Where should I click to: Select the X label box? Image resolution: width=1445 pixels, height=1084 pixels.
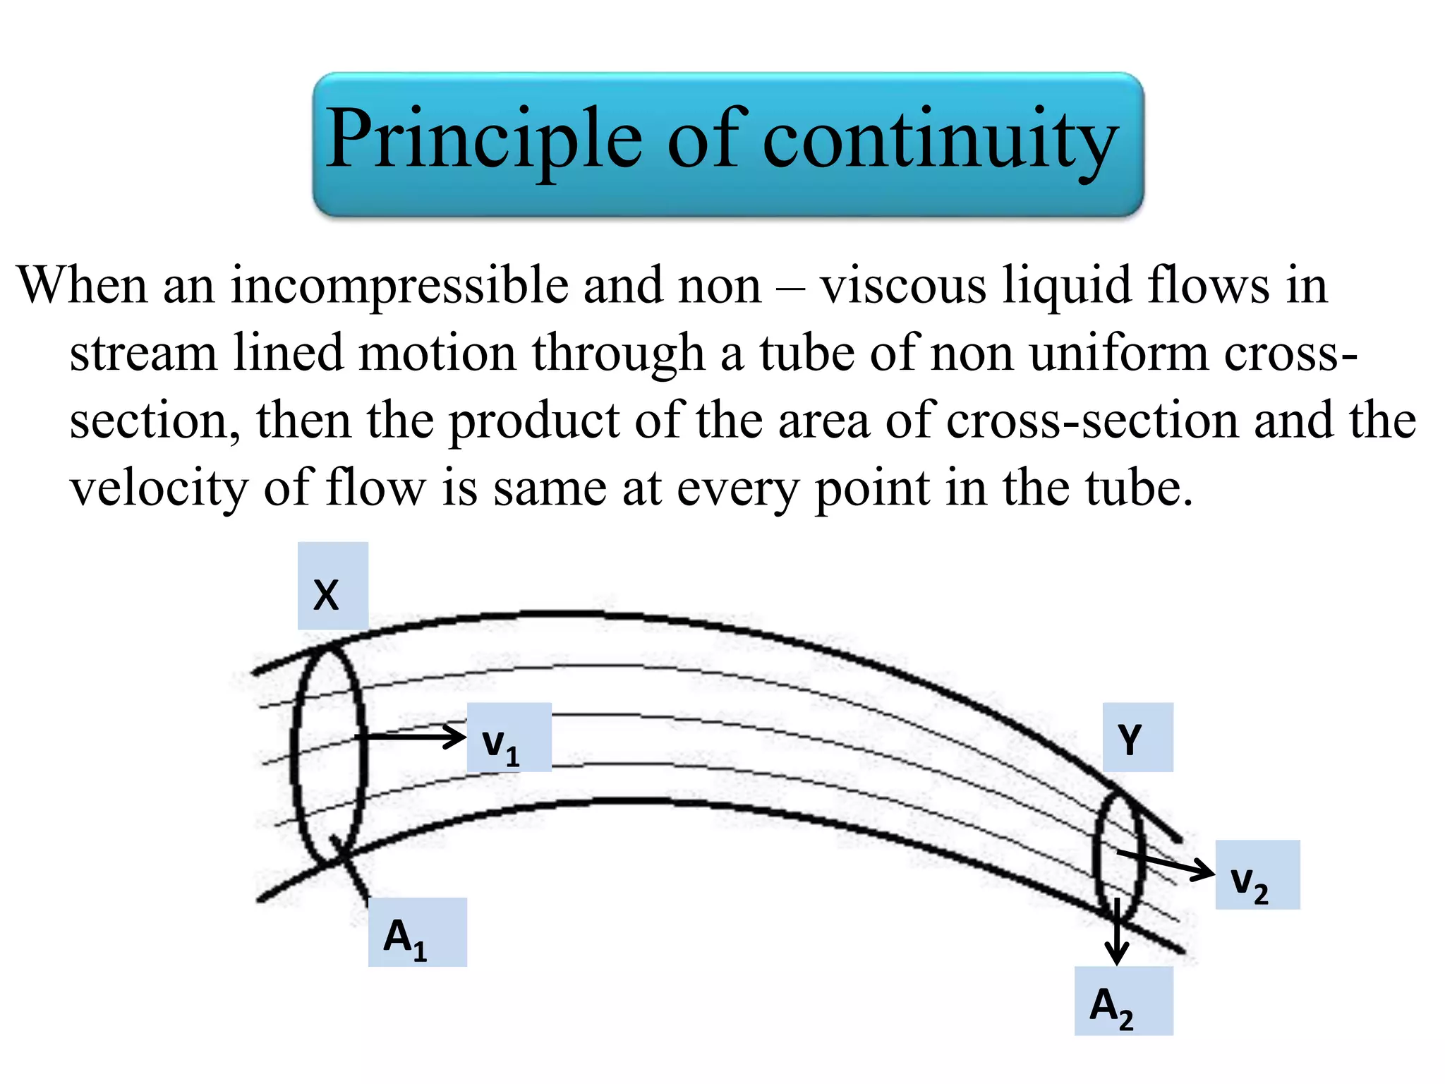332,586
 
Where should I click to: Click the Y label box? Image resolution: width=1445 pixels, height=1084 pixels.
1137,737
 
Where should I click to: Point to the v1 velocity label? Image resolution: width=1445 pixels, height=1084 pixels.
509,737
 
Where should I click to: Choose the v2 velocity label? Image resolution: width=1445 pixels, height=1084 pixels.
1257,874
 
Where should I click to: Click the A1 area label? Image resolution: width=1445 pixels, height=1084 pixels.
417,932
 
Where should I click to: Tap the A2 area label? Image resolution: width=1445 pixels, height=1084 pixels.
1123,1001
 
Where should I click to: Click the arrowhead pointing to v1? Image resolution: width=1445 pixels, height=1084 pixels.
455,737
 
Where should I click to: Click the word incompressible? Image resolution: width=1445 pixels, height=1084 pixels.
399,286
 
